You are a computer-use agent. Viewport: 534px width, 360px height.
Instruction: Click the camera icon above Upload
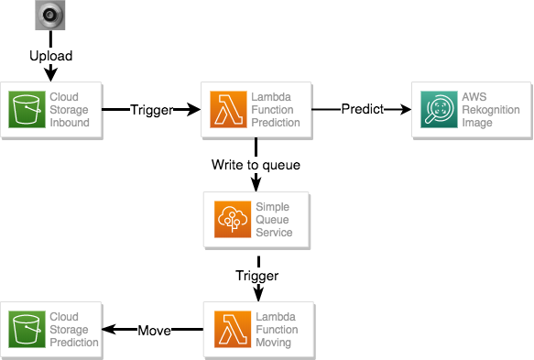50,15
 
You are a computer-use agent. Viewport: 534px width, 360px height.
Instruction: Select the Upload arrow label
50,56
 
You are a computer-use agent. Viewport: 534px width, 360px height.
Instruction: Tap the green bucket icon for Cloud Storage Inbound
27,109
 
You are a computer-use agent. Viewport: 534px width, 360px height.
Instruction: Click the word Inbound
70,123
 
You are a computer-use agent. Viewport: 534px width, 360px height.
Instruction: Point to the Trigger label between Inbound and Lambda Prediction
152,110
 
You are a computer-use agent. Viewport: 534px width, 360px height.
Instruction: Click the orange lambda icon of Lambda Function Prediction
228,109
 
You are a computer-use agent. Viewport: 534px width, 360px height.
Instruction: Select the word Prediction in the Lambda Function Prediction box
276,123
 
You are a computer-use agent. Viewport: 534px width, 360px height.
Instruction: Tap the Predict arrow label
363,109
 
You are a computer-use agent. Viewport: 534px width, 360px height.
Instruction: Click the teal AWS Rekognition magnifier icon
439,109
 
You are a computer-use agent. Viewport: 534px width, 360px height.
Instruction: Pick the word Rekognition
491,110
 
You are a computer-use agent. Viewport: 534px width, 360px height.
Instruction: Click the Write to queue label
256,165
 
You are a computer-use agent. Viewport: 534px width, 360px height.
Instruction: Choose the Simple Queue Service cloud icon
233,219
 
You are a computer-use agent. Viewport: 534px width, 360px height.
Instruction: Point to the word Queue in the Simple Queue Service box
272,220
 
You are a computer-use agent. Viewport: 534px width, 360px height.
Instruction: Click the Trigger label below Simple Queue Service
256,276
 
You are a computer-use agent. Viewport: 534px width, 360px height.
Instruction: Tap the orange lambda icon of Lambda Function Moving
233,330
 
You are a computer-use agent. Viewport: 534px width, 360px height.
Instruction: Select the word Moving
273,343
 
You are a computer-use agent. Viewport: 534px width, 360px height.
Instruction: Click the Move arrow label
154,331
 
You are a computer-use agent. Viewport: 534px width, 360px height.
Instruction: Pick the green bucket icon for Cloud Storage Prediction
27,330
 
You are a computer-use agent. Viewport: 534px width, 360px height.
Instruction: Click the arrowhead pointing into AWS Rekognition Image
405,109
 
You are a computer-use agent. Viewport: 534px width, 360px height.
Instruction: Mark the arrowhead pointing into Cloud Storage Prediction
108,330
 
